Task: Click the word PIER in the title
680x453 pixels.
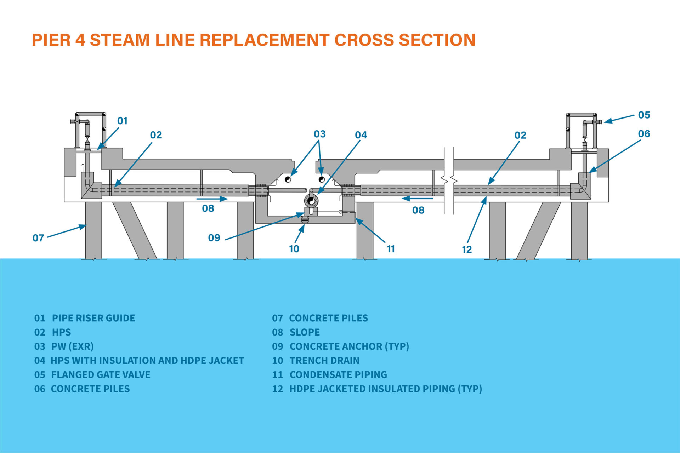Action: tap(51, 40)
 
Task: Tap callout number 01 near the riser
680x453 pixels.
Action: tap(122, 121)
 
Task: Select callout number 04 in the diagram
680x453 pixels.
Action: tap(361, 135)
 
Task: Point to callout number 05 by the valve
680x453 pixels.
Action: tap(644, 115)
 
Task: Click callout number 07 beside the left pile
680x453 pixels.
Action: tap(38, 238)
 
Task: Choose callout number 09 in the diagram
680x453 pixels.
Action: tap(214, 237)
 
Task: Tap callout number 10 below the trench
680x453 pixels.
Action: tap(294, 249)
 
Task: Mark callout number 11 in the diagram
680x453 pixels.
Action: tap(391, 249)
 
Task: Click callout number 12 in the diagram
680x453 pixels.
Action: tap(467, 250)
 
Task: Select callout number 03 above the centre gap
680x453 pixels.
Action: tap(319, 134)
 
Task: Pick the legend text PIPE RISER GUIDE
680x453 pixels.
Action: tap(93, 318)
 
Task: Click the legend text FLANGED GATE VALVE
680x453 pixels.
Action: tap(101, 375)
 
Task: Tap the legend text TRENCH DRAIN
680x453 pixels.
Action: tap(324, 361)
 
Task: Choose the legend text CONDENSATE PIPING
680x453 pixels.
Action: tap(338, 375)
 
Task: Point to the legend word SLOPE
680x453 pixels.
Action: tap(305, 332)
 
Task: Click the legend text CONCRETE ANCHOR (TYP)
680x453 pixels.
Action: tap(349, 346)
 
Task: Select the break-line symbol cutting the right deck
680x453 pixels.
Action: tap(449, 180)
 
